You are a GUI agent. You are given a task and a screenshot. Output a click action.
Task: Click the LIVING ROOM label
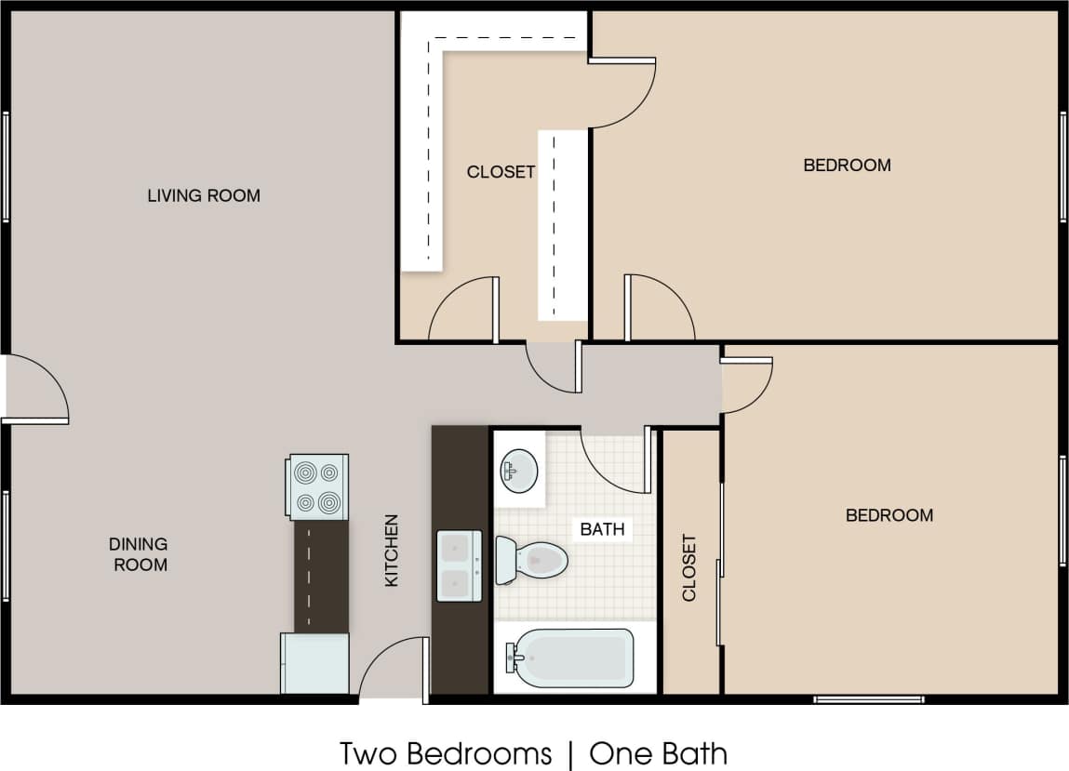[204, 195]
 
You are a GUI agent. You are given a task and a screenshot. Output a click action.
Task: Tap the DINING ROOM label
[138, 554]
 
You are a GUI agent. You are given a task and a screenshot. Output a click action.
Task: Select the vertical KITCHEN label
[392, 551]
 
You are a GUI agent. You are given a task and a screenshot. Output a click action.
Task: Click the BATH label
[602, 530]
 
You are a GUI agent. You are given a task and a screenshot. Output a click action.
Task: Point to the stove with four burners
[318, 486]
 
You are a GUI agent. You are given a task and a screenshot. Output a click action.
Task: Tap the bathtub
[569, 658]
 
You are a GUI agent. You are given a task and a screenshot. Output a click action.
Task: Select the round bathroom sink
[518, 471]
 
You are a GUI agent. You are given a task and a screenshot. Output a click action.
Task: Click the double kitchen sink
[460, 566]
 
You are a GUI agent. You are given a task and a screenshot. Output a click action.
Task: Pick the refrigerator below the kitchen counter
[315, 663]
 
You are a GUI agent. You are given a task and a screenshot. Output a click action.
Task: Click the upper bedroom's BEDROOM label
[847, 166]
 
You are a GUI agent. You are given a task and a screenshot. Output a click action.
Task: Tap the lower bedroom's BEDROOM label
[889, 515]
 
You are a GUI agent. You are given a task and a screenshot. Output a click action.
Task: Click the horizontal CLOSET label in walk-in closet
[501, 172]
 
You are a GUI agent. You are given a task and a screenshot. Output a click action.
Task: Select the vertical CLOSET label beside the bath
[689, 567]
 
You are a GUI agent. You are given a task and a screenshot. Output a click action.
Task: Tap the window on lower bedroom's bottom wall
[868, 698]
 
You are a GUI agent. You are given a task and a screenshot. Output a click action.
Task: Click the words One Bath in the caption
[659, 753]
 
